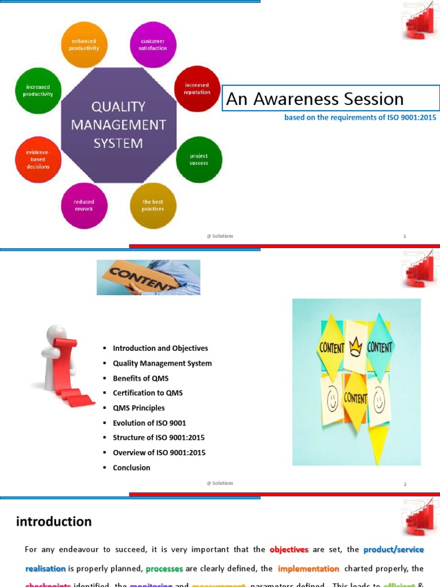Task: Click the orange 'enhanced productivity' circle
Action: click(x=84, y=45)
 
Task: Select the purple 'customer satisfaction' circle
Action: click(x=153, y=45)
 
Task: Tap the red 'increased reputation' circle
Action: click(x=197, y=89)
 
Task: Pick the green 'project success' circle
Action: click(x=199, y=159)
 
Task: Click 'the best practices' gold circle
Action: click(x=153, y=206)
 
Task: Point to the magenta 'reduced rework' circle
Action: click(x=84, y=206)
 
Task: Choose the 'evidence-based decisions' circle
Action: click(x=38, y=159)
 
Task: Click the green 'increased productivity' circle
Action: click(x=38, y=91)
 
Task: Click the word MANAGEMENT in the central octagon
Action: click(x=119, y=124)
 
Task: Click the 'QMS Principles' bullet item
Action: click(x=139, y=408)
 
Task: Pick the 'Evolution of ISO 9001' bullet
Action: click(x=149, y=423)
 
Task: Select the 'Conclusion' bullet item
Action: click(x=131, y=468)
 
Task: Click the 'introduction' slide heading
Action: click(x=54, y=522)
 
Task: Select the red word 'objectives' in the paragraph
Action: click(x=289, y=550)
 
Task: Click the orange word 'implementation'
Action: click(x=308, y=569)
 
